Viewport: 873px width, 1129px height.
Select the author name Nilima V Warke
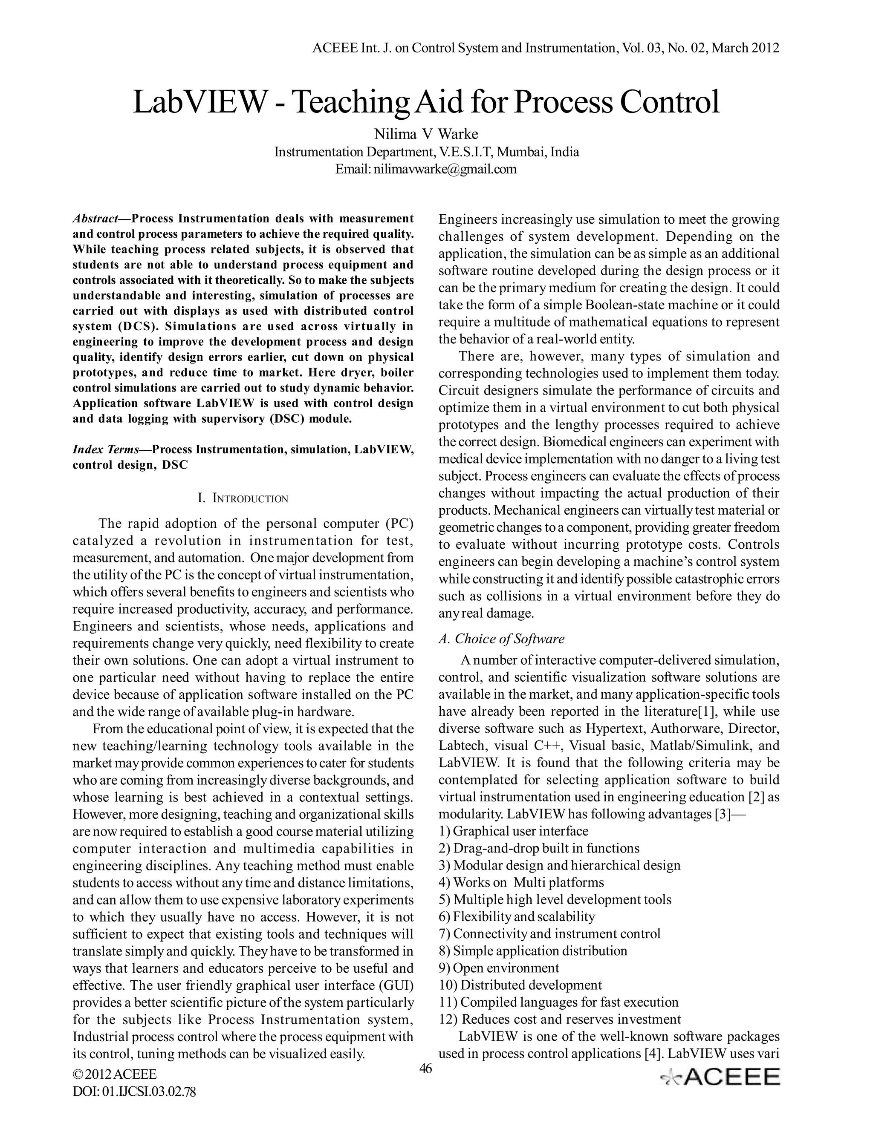pyautogui.click(x=426, y=134)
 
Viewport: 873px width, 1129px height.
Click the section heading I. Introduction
pyautogui.click(x=243, y=499)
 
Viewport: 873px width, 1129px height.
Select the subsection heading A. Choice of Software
pyautogui.click(x=502, y=639)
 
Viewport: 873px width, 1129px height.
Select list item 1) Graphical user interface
pyautogui.click(x=514, y=831)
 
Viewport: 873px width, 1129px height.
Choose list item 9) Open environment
pyautogui.click(x=499, y=968)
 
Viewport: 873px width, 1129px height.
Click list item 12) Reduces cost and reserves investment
pyautogui.click(x=560, y=1019)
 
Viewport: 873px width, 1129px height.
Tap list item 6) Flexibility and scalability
pyautogui.click(x=517, y=916)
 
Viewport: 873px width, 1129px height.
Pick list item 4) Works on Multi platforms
pyautogui.click(x=521, y=882)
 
